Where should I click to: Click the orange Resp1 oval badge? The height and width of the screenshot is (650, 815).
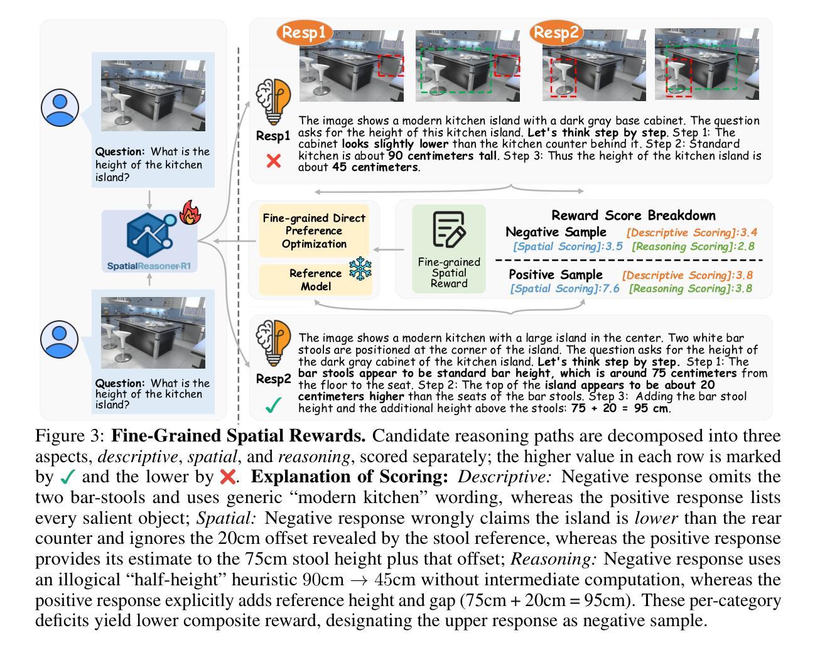point(304,33)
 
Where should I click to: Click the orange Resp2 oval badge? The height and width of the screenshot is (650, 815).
point(556,33)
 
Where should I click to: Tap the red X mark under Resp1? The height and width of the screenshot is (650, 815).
point(274,161)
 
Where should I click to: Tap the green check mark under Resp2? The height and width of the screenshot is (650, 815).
point(273,405)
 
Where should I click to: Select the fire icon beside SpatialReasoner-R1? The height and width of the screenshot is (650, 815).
point(190,213)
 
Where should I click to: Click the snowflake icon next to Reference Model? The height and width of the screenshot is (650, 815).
point(360,269)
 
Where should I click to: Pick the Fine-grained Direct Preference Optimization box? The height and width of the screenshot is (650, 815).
point(314,230)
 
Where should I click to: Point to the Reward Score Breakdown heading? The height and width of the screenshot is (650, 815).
point(634,215)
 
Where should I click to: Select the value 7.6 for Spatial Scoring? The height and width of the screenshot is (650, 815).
point(612,288)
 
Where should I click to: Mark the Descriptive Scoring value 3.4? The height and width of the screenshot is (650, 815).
point(749,232)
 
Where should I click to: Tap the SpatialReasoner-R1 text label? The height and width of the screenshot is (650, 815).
point(149,266)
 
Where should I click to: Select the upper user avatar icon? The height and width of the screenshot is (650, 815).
point(60,107)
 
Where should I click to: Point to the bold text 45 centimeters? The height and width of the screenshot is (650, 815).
point(384,168)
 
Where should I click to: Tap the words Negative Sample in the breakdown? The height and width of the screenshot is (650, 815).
point(556,232)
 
